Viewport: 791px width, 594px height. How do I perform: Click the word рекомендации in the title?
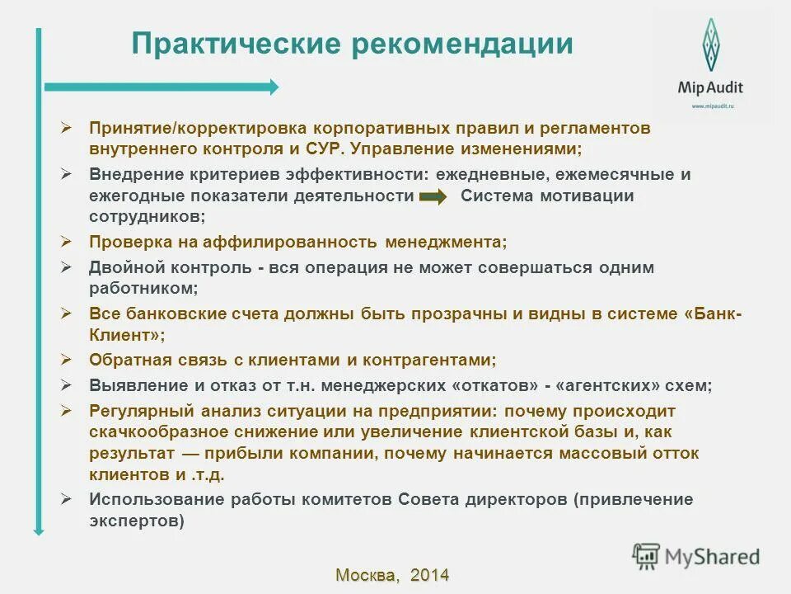coord(462,44)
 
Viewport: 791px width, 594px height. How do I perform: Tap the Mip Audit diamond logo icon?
coord(709,45)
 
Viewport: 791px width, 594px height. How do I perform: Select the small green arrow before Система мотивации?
coord(433,196)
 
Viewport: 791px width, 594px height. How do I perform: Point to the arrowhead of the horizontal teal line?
coord(274,87)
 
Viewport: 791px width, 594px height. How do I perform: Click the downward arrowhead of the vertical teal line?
coord(38,530)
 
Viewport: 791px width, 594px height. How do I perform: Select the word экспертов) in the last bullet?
coord(137,521)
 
